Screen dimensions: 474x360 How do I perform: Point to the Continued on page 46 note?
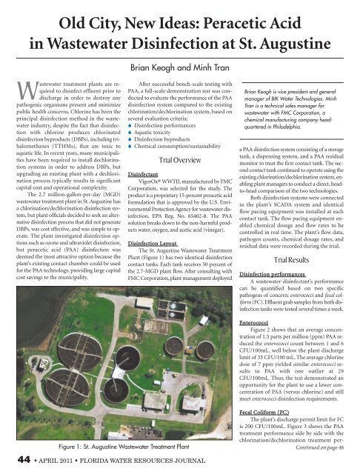click(326, 447)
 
